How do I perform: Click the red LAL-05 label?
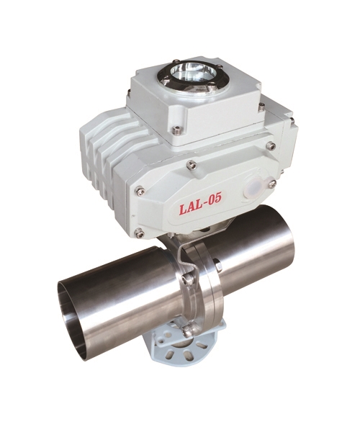click(x=199, y=203)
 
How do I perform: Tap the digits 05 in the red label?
click(x=215, y=198)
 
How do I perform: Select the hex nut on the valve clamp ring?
click(x=219, y=266)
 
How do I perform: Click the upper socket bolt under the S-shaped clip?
click(x=187, y=279)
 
